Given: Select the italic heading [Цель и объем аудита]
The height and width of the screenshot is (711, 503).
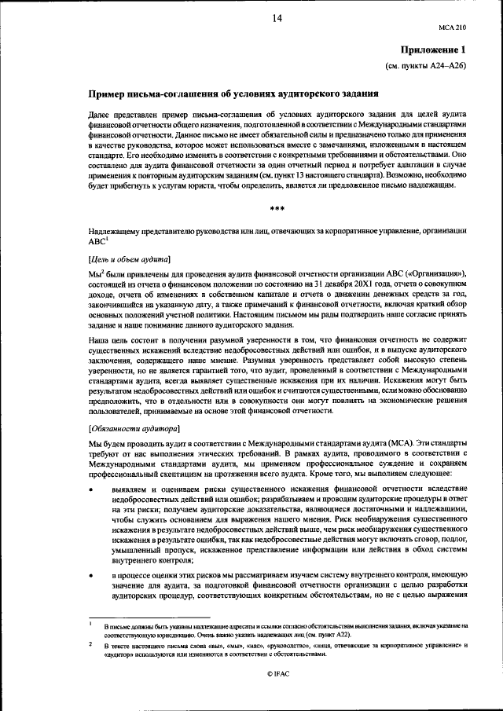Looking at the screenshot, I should pyautogui.click(x=131, y=258).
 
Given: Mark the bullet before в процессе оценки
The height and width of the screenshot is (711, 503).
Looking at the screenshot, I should pyautogui.click(x=92, y=577).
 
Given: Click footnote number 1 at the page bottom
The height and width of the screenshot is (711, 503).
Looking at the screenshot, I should pyautogui.click(x=92, y=625).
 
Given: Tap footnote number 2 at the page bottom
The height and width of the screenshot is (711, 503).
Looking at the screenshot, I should pyautogui.click(x=92, y=644).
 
